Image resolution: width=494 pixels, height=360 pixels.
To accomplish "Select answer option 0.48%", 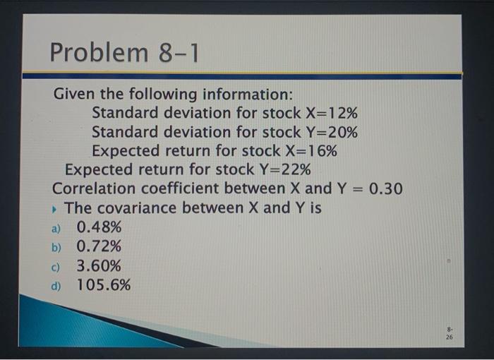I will point(99,227).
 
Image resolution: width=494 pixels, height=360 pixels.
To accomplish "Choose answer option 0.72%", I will point(99,246).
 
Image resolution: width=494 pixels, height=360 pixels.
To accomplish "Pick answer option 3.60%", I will point(99,266).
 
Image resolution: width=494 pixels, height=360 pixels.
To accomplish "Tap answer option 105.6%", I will point(104,285).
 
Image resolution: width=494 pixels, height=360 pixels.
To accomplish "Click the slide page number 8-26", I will point(450,332).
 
